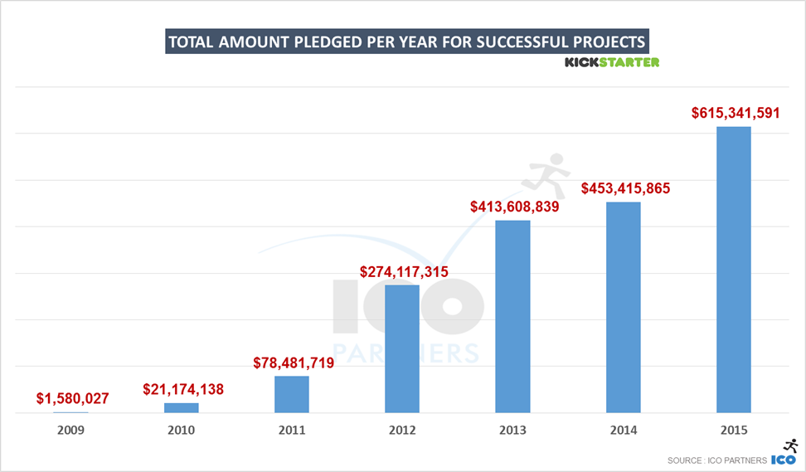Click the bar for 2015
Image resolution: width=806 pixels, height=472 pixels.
pos(733,270)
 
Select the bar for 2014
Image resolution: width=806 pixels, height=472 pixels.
pos(623,307)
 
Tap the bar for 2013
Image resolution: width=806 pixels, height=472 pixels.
pos(512,316)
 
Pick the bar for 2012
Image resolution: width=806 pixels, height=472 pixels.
pos(402,348)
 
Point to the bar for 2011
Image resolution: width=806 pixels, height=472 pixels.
pos(291,394)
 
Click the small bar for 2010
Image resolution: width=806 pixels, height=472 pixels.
pos(181,407)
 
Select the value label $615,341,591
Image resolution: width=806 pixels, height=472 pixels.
pos(735,113)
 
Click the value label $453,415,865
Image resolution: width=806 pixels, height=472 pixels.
pos(625,188)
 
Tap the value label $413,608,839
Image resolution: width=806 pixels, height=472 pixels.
pos(515,207)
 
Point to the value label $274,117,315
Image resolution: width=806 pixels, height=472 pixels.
pos(404,271)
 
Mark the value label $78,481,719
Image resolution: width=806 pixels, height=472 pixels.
pos(294,363)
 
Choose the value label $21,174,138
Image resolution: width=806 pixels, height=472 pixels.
pos(183,388)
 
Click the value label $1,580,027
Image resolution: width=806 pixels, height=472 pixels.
pos(73,399)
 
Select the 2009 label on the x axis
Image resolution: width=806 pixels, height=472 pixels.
pos(70,431)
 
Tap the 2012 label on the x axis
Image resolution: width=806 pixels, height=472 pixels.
pos(402,431)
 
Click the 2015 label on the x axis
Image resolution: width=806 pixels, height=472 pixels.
pos(734,431)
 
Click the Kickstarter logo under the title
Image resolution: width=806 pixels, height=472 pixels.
pos(612,62)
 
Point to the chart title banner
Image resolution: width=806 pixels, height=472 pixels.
pos(406,42)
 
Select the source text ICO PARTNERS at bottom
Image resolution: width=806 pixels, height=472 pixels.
pos(717,460)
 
